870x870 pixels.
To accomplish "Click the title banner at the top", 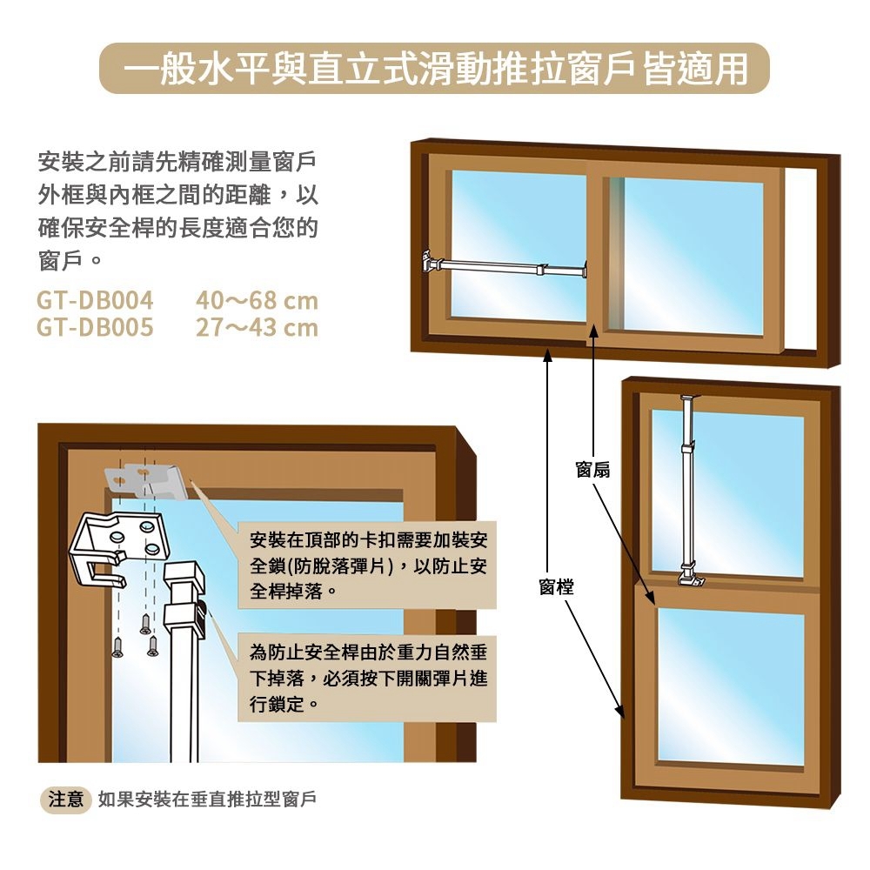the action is (435, 68).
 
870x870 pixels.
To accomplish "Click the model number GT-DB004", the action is (95, 301).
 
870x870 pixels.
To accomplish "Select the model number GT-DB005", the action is (95, 328).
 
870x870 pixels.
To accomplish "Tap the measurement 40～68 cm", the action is (258, 301).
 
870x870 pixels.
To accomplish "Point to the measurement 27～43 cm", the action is (258, 328).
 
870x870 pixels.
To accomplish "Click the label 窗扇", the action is (592, 471).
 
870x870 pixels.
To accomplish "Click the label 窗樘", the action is (556, 587).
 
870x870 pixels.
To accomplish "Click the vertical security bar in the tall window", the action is (687, 487).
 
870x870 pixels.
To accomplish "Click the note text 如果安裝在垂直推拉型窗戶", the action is (207, 799).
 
